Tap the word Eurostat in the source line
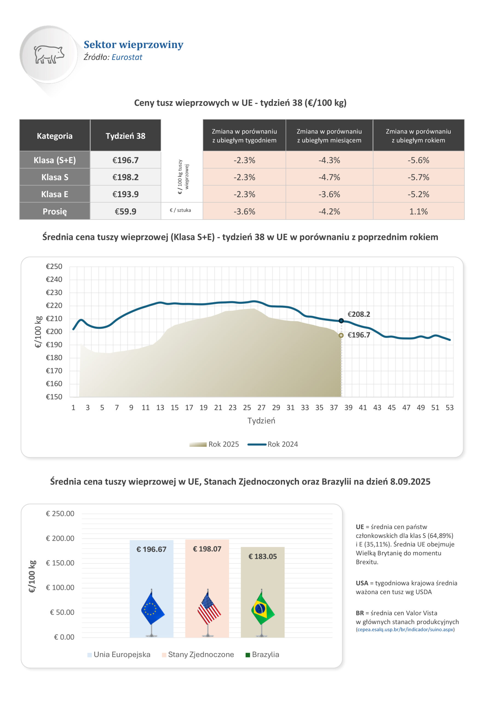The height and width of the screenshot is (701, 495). [127, 58]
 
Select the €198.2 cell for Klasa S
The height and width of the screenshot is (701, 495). [125, 177]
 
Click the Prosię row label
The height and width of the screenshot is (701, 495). [55, 211]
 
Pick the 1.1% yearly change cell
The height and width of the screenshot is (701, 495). [418, 211]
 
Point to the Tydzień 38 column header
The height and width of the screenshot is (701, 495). [125, 136]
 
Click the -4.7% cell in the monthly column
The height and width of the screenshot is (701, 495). [329, 177]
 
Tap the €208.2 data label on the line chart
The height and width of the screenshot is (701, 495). [359, 314]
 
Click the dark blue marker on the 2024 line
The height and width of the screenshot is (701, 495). [341, 321]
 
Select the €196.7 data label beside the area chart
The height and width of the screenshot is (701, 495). [359, 335]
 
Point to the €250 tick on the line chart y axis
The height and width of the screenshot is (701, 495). [54, 266]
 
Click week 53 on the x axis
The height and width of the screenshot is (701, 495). [450, 408]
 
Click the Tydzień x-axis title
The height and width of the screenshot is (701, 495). [261, 421]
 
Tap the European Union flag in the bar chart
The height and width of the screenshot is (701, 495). [152, 609]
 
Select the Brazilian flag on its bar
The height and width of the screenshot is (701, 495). [263, 609]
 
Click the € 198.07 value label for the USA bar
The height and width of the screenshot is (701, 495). [207, 549]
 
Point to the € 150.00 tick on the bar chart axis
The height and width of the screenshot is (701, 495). [60, 563]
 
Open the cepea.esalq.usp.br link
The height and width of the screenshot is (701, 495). [405, 630]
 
